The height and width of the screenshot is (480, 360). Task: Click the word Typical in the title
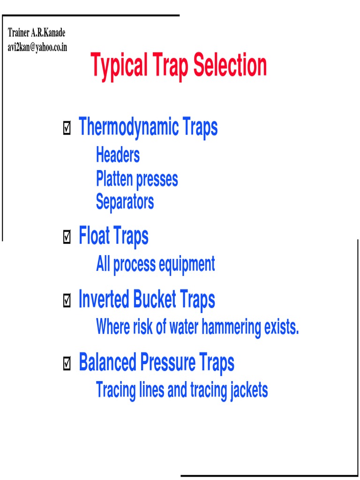[119, 66]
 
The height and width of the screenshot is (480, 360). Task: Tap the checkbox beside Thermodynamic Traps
[67, 127]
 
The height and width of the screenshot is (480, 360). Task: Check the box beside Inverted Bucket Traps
[67, 301]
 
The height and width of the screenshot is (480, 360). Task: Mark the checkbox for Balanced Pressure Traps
[67, 364]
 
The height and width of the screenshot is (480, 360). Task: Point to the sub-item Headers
[118, 155]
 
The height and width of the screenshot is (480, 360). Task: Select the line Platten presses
[137, 179]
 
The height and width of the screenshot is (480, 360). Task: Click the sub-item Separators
[125, 202]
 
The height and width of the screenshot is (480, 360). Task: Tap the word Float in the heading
[93, 236]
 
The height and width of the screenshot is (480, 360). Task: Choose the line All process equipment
[155, 264]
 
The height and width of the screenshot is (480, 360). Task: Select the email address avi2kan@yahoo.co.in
[37, 47]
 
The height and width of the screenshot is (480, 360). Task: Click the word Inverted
[104, 300]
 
